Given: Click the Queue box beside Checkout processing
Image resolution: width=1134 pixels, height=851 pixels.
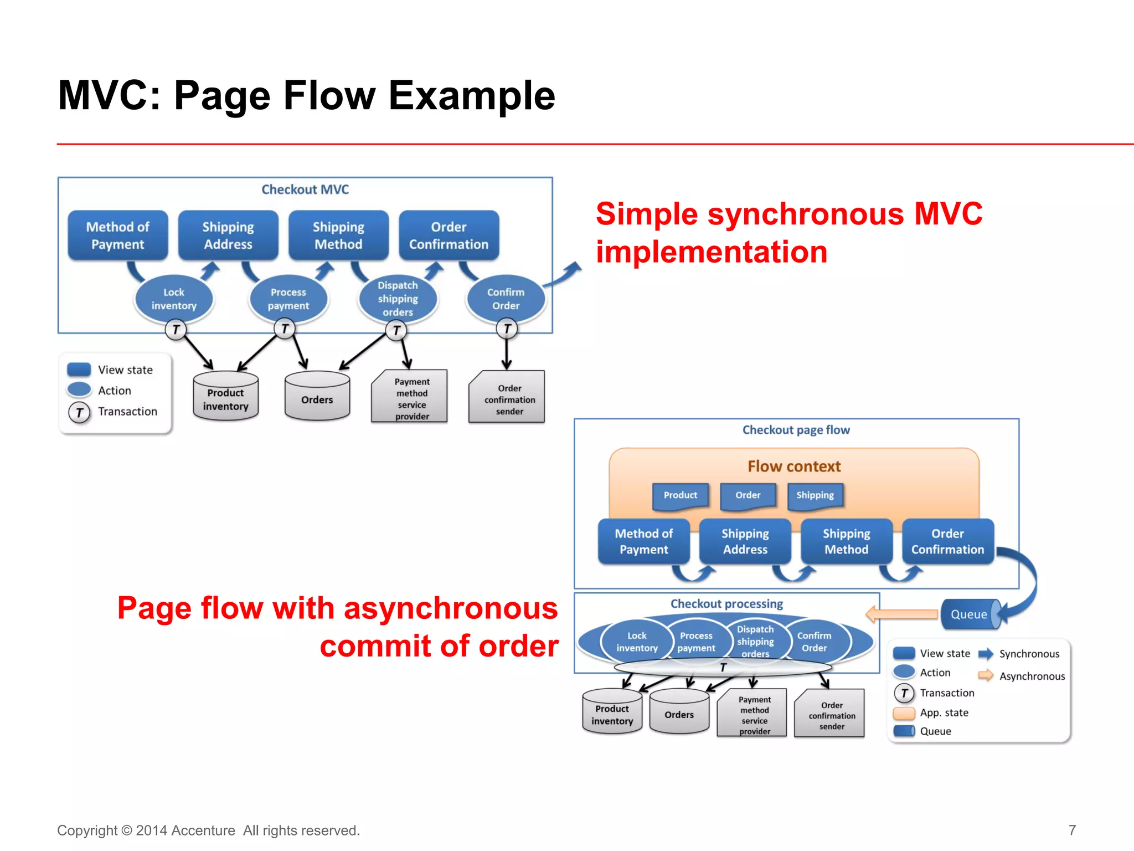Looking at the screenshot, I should [969, 614].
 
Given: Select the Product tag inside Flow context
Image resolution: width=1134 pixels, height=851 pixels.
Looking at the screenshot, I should [681, 495].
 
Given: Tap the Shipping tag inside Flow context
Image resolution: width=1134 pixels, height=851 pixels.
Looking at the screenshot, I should [815, 495].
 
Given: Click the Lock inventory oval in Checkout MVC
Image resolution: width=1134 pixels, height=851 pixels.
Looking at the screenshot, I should [174, 299].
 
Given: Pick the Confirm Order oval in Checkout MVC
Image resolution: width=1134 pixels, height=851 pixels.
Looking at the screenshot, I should [506, 299].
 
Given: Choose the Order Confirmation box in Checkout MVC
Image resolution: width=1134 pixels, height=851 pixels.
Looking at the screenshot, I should [449, 235].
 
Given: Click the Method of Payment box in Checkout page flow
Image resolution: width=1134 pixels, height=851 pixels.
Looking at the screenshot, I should [643, 541].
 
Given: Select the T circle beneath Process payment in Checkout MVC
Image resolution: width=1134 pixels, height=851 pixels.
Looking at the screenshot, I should [285, 329].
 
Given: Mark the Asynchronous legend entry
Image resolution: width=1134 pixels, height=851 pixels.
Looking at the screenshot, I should [1032, 676].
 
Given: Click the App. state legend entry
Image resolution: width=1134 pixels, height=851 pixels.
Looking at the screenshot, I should [944, 712].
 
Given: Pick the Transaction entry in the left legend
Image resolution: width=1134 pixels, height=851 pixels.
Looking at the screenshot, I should [127, 412].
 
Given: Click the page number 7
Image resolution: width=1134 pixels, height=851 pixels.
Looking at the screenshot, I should [1072, 830].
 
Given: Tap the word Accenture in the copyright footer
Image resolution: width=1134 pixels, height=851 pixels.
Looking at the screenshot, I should [203, 831].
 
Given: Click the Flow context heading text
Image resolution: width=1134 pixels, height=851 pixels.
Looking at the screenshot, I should [794, 466].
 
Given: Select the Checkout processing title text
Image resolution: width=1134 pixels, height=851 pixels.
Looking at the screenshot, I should [726, 604].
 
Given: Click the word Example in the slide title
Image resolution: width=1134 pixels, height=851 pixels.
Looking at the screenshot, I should [472, 95].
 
